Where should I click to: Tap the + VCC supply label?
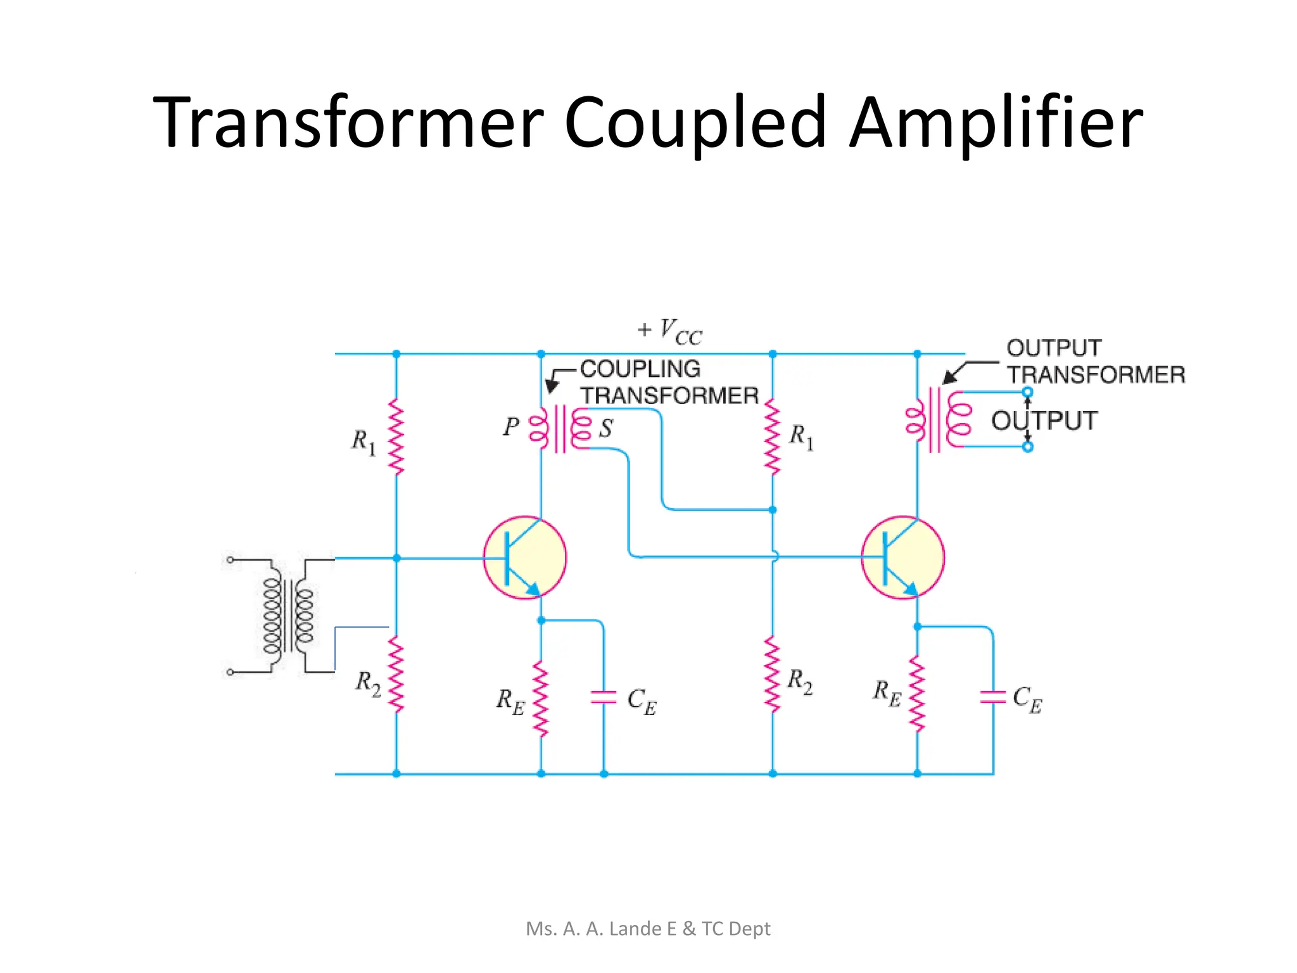click(670, 331)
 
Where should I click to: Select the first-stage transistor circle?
click(525, 557)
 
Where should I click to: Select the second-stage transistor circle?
click(902, 557)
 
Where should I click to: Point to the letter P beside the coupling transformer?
click(510, 427)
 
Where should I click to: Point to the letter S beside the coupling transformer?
click(606, 429)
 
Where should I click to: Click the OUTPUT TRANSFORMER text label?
click(1094, 361)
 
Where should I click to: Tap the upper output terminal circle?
click(1028, 392)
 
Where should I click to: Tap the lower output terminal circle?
click(1028, 447)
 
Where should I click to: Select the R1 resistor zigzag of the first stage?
click(396, 437)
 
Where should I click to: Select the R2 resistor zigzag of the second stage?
click(773, 675)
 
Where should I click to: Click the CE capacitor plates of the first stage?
click(604, 697)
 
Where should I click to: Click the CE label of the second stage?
click(1027, 699)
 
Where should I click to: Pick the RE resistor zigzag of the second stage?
click(917, 694)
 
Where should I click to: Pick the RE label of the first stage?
click(510, 702)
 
